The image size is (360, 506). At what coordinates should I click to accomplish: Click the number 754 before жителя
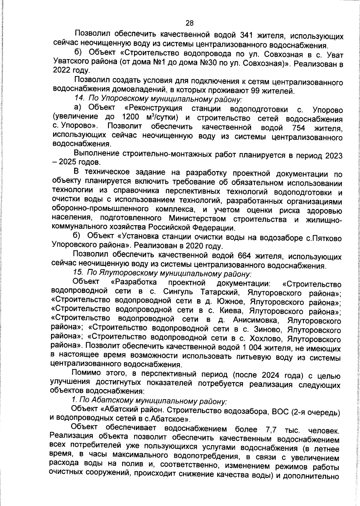point(298,128)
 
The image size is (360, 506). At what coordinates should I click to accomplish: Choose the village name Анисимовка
point(255,320)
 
